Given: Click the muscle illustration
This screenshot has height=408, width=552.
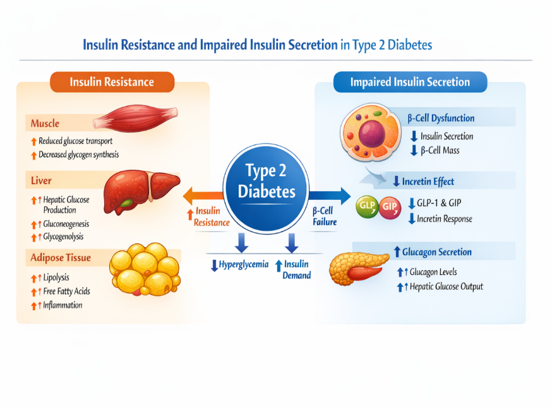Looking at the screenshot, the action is pos(136,118).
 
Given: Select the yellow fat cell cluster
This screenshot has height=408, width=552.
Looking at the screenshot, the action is pos(145,269).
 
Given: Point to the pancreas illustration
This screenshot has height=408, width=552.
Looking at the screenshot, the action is pos(358,268).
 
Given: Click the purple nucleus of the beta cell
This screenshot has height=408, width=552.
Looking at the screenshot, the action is pos(372,134).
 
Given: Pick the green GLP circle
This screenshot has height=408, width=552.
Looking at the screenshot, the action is pos(367,207).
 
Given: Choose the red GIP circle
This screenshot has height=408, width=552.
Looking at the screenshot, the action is pos(390,207).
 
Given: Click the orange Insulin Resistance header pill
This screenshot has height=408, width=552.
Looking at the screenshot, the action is pos(112,82).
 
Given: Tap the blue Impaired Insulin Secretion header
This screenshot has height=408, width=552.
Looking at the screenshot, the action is pos(410,82).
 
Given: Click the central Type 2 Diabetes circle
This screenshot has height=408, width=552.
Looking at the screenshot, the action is pos(266,188).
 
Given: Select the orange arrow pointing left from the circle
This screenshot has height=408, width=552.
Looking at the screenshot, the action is pos(203,195).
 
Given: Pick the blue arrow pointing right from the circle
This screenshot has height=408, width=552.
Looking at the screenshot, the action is pos(330,195).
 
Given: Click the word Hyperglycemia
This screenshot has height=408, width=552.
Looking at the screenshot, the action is pos(244,264).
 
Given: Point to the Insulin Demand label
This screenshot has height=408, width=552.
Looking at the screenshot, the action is pos(296,269).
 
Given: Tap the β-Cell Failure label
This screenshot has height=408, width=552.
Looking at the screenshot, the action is pos(325,216).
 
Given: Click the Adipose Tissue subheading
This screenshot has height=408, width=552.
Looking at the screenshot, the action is pos(61,258).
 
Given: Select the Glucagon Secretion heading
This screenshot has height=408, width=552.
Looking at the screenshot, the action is pos(437,252).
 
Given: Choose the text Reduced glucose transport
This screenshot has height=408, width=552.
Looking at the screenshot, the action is pos(75,141).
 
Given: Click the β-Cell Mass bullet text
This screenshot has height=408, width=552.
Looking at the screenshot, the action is pos(440,151).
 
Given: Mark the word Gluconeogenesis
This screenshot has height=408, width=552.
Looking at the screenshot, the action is pos(66,224).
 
